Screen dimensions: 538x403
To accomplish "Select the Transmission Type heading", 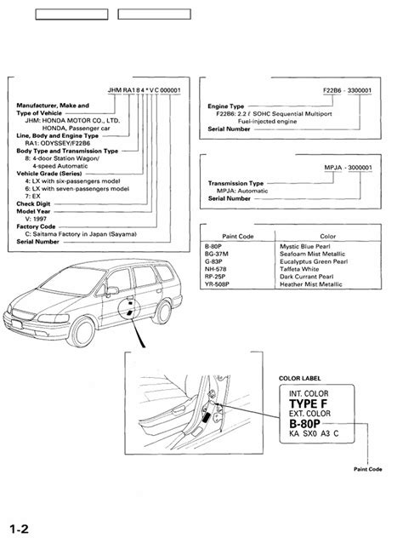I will point(239,182).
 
